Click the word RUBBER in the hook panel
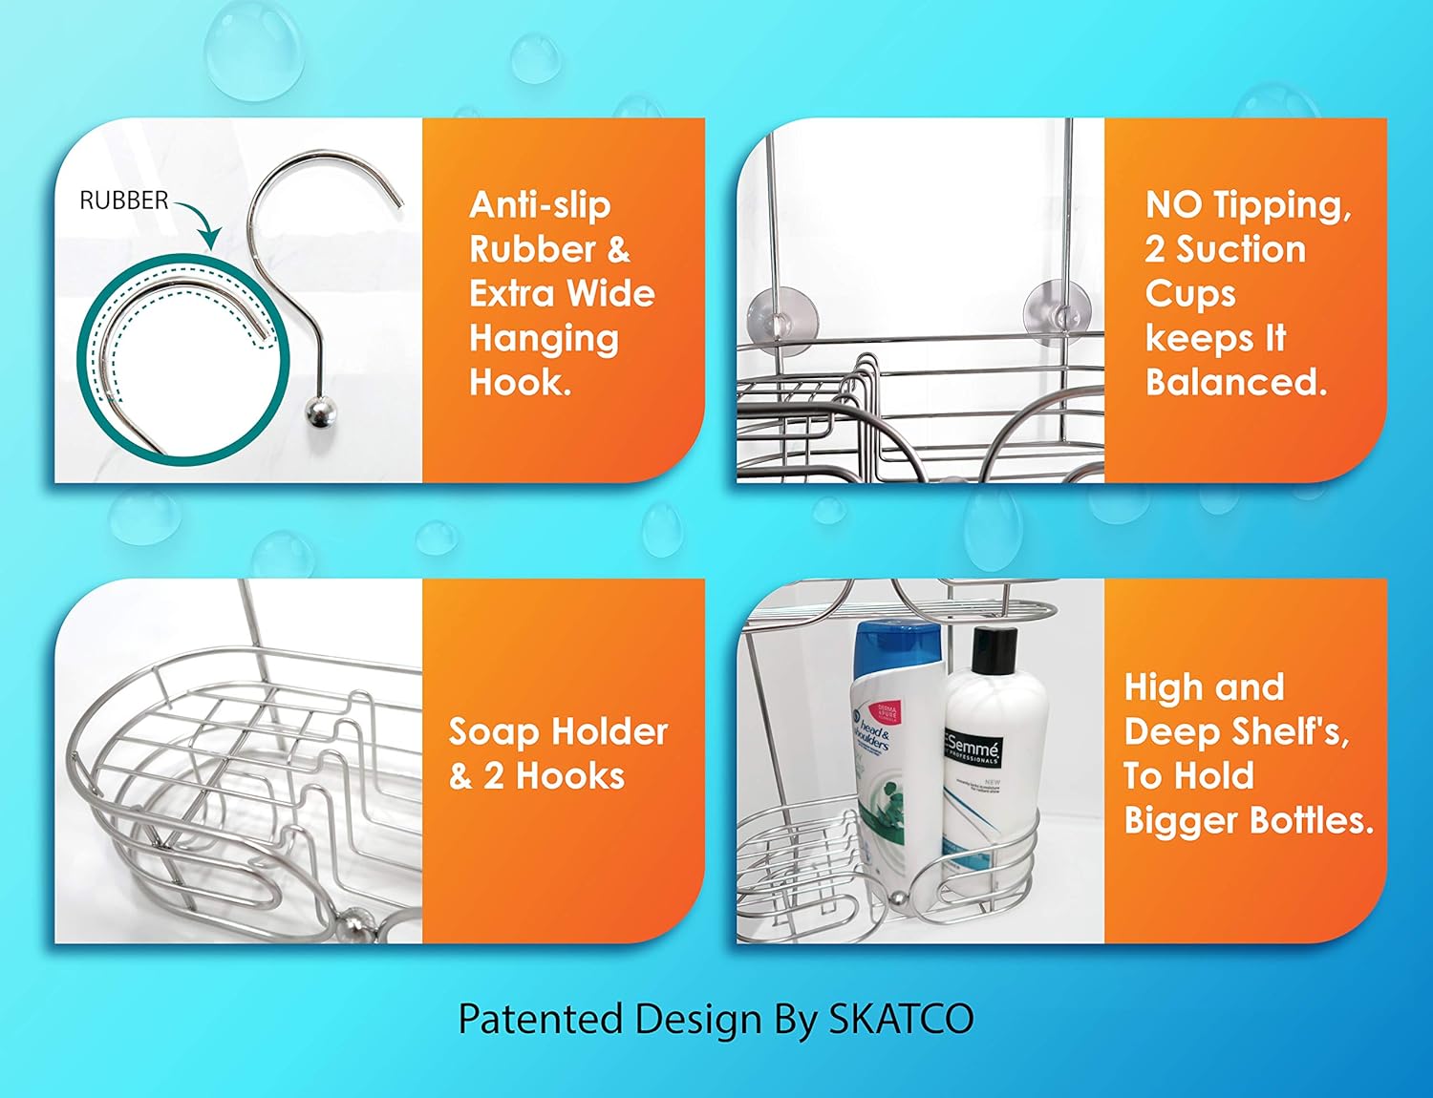tap(123, 201)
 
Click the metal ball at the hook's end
tap(319, 414)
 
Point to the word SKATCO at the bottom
tap(900, 1019)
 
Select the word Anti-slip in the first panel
tap(540, 205)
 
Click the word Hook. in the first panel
tap(520, 383)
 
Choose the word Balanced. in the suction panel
tap(1236, 383)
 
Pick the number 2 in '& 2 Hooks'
tap(493, 776)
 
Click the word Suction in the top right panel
tap(1240, 250)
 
